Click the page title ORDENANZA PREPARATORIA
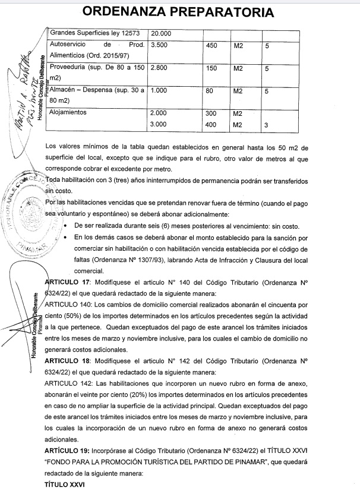179,12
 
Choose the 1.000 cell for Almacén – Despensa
159,91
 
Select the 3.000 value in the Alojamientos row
159,125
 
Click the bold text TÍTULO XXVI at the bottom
65,485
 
